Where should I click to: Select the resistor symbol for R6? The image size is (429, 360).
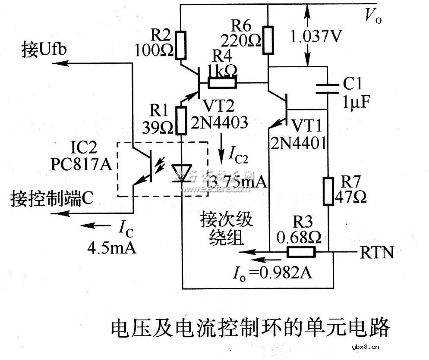[x=268, y=40]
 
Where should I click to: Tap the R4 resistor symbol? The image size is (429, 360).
[x=222, y=82]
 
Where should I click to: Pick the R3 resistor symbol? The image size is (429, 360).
[x=302, y=252]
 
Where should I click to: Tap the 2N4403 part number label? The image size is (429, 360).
[x=220, y=123]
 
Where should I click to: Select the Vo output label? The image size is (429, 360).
[x=372, y=16]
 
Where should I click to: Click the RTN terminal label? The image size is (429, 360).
[x=377, y=253]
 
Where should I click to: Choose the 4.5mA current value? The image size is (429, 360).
[x=112, y=248]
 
